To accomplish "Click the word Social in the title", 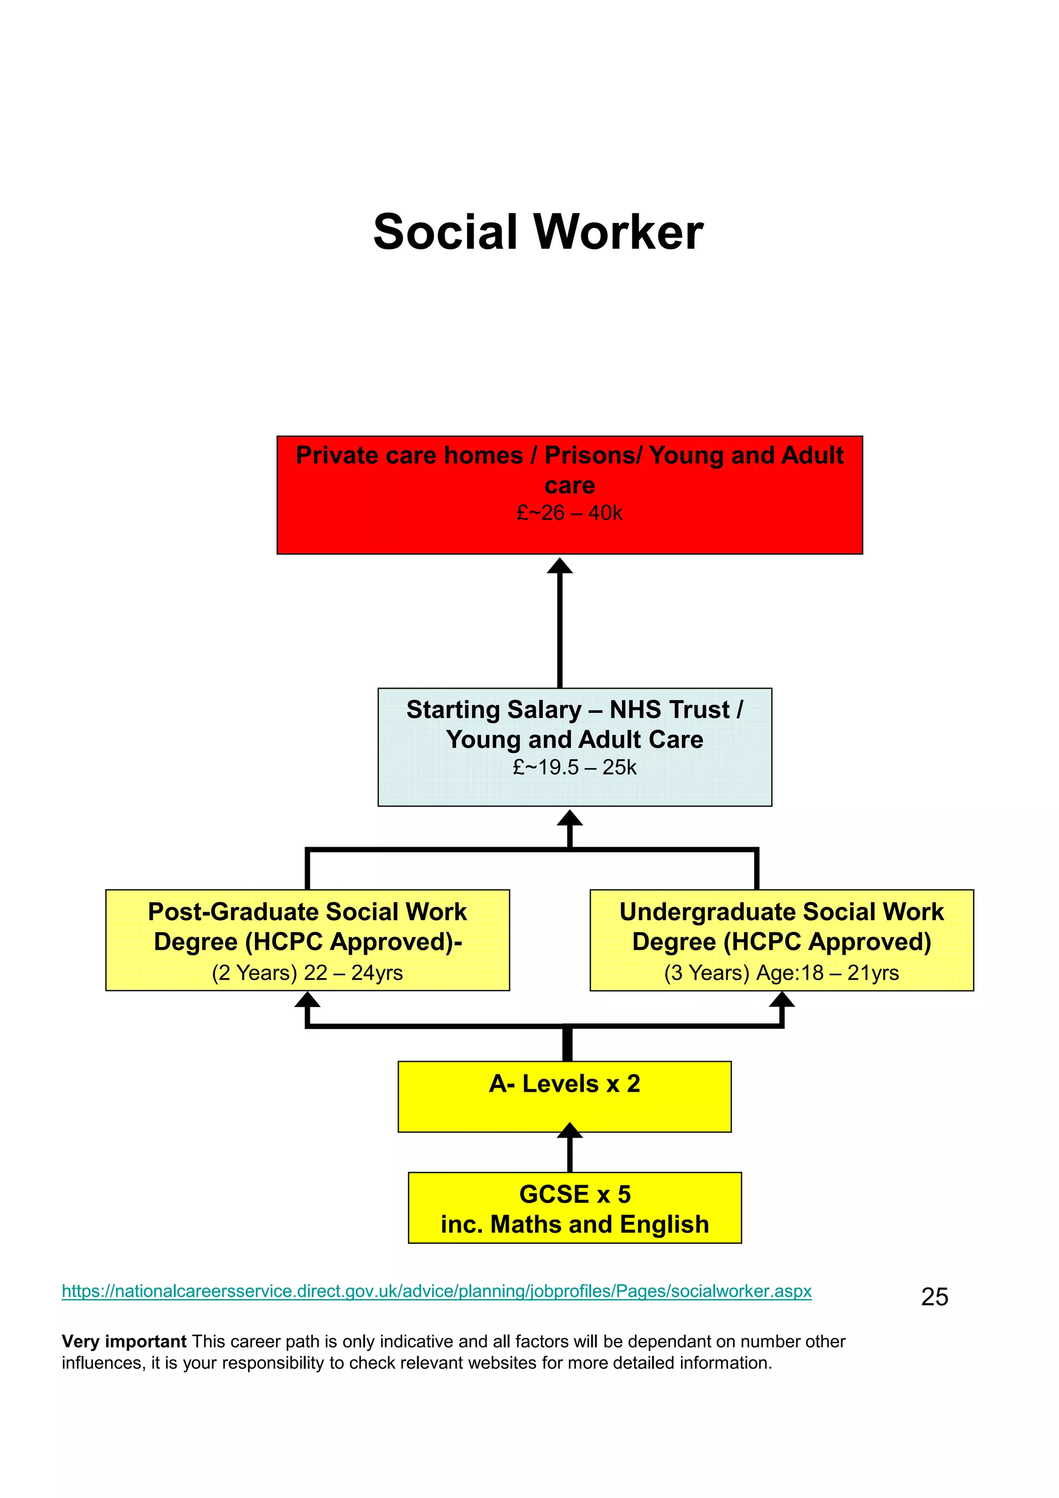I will pos(446,232).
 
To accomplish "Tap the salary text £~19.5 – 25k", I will pos(574,767).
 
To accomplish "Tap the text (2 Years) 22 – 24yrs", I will pos(307,973).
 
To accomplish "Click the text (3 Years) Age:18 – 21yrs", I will pos(781,973).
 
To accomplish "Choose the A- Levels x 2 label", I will pos(565,1084).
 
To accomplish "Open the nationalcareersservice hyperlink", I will pos(436,1291).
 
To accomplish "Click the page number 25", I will pos(934,1297).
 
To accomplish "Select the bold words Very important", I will pos(124,1341).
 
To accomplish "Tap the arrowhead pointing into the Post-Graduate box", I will pos(307,1000).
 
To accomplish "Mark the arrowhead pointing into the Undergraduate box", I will pos(782,1000).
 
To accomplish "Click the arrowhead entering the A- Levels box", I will pos(570,1130).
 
